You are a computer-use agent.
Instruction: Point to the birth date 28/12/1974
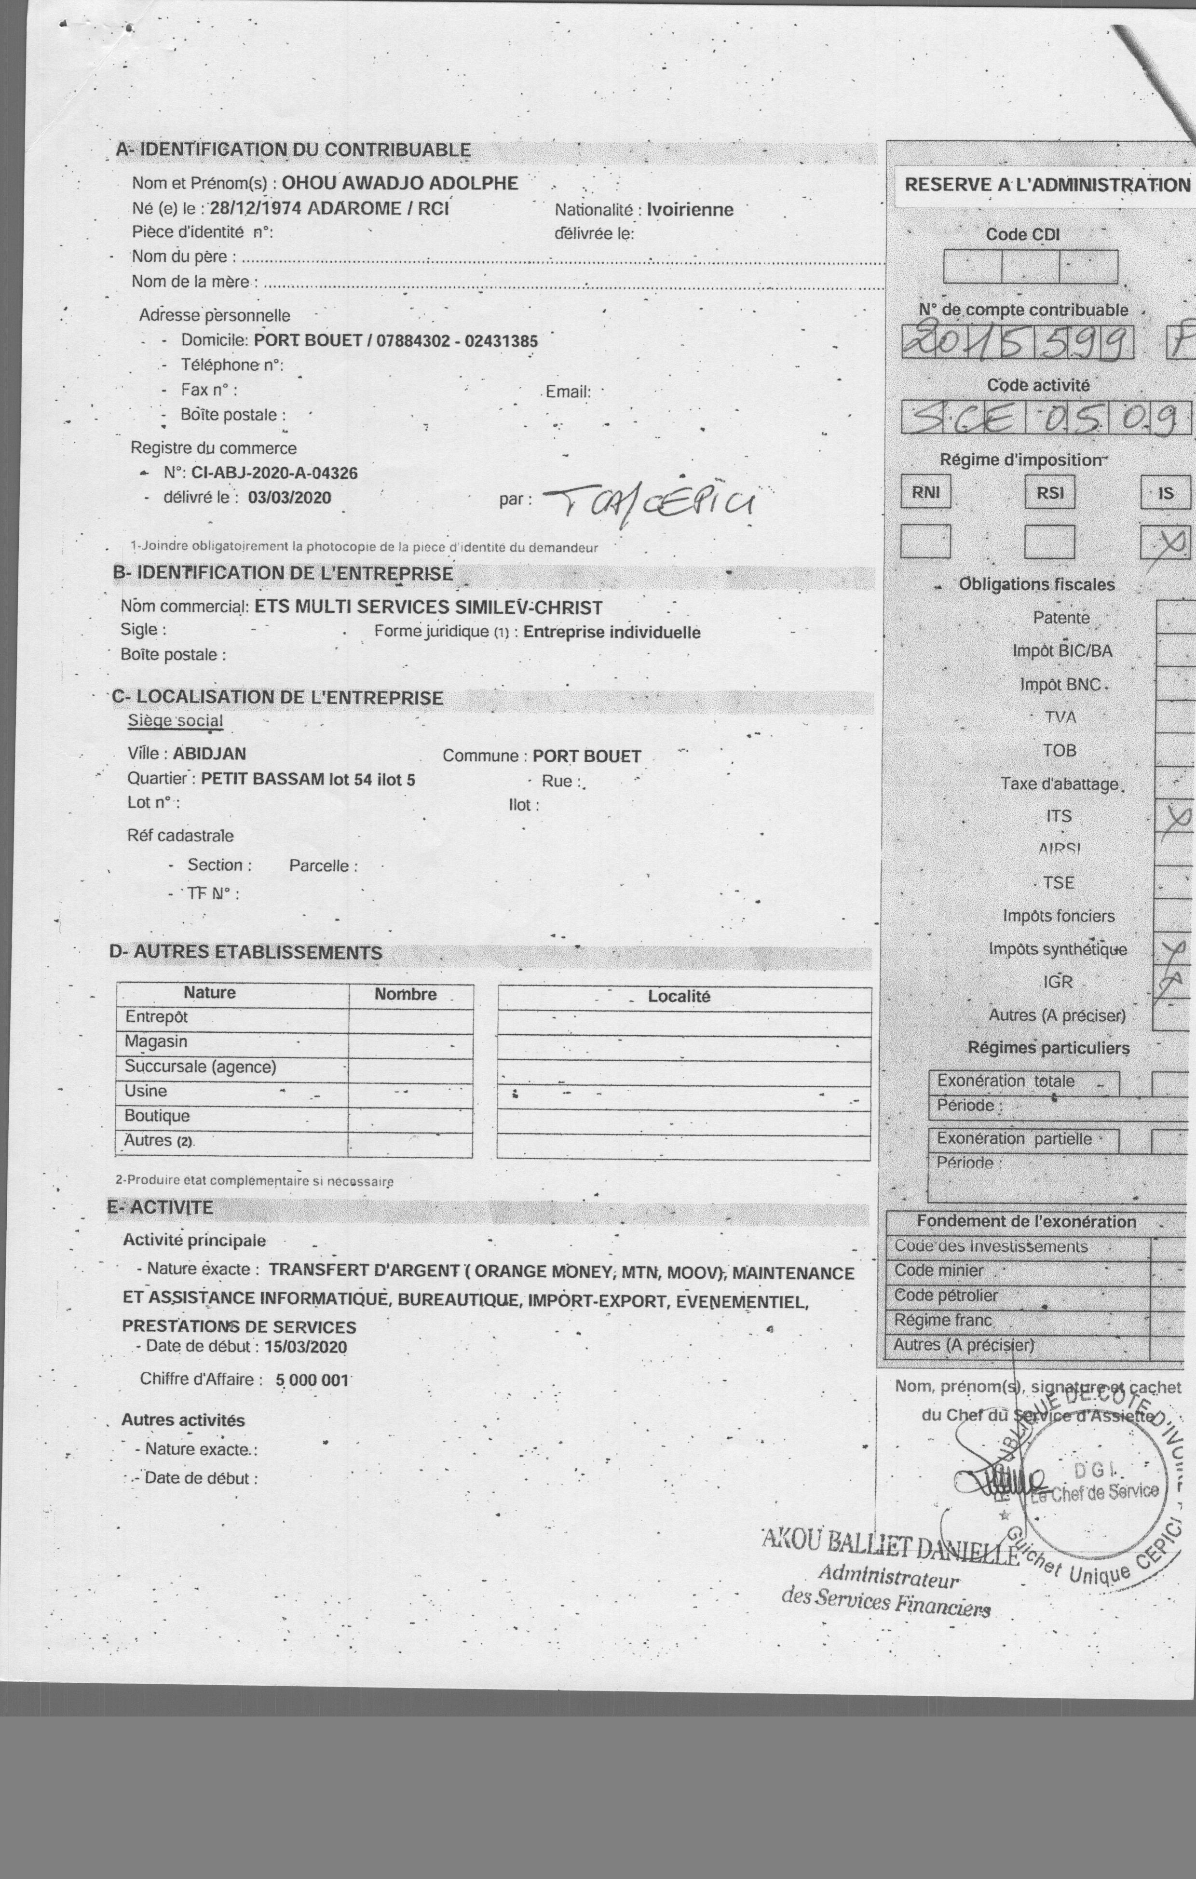click(255, 208)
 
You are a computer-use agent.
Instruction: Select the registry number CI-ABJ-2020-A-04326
click(274, 473)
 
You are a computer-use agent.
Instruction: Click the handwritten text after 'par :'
click(648, 503)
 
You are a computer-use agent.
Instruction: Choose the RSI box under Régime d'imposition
click(1049, 492)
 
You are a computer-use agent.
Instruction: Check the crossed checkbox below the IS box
click(1165, 541)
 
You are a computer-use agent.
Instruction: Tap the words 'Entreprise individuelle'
click(612, 632)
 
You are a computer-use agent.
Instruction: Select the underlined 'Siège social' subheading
click(175, 720)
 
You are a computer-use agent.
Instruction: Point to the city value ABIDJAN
click(209, 754)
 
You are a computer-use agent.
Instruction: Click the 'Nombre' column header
click(405, 994)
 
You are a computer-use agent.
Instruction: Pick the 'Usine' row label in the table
click(146, 1091)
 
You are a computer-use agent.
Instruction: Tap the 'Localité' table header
click(679, 997)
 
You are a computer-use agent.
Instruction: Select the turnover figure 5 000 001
click(313, 1379)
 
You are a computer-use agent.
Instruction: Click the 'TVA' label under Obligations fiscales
click(1060, 717)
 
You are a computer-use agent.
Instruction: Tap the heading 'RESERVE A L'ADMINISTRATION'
click(1047, 185)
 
